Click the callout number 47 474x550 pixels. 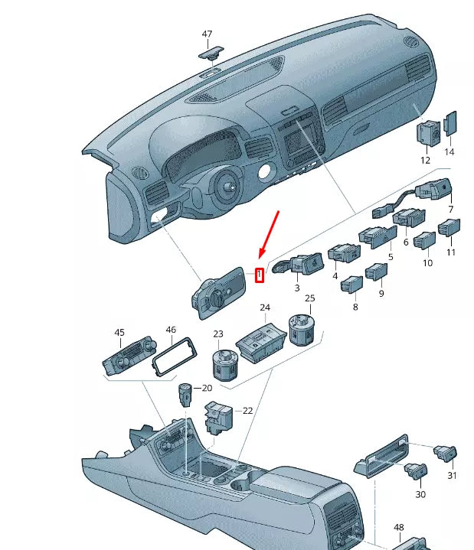click(208, 34)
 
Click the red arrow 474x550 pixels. click(270, 233)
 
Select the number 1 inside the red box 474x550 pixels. click(260, 274)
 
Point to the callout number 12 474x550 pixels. click(425, 160)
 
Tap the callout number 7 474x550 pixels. click(451, 209)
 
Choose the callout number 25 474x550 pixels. click(310, 298)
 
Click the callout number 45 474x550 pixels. click(119, 332)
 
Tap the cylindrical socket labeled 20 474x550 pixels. click(185, 395)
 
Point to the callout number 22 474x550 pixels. click(247, 411)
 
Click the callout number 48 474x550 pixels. click(399, 528)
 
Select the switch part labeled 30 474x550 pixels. click(417, 474)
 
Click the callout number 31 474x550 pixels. click(452, 476)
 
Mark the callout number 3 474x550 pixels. click(297, 288)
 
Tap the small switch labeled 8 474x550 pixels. click(351, 284)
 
